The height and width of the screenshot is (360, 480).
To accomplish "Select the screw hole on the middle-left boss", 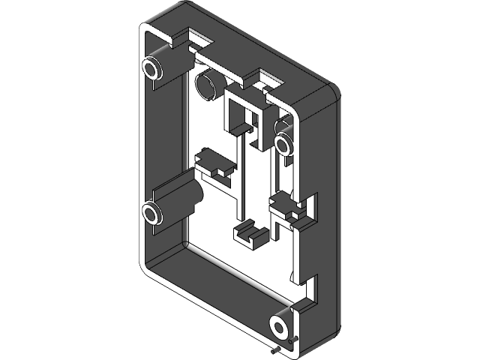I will click(151, 214).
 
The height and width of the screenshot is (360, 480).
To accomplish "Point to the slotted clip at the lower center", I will click(250, 232).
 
